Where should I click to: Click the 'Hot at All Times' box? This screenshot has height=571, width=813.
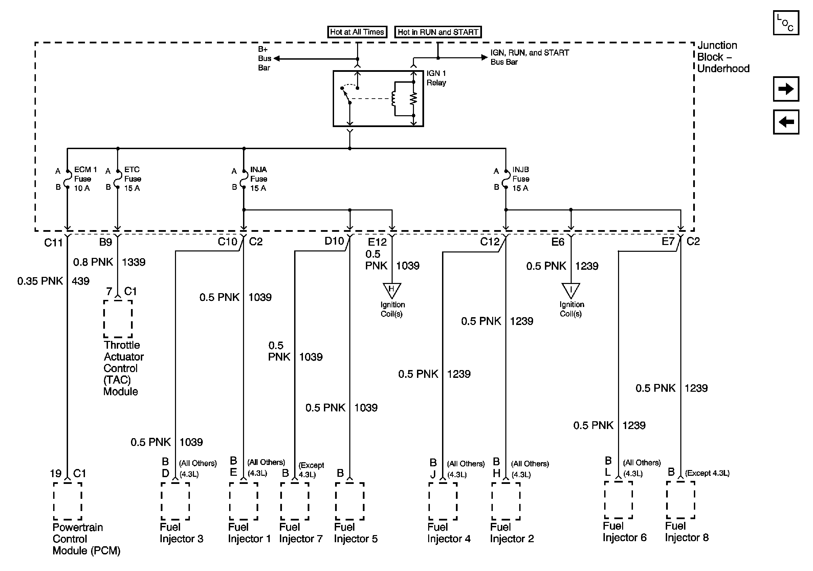[x=357, y=32]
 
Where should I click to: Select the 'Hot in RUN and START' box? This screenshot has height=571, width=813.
[x=438, y=32]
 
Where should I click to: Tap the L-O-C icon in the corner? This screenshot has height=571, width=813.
[x=786, y=23]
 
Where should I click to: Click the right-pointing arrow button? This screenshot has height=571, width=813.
[x=786, y=88]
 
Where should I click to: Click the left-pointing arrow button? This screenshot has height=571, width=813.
[x=786, y=122]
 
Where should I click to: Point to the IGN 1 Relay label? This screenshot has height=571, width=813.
[x=436, y=78]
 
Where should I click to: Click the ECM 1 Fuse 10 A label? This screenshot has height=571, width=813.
[x=85, y=179]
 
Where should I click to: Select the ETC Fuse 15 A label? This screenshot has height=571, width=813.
[x=132, y=179]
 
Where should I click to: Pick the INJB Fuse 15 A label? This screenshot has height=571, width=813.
[x=521, y=179]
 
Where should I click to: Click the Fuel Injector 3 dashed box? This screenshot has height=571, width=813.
[x=175, y=501]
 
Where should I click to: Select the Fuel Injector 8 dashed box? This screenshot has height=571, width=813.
[x=680, y=500]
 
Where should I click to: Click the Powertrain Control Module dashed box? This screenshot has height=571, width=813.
[x=68, y=501]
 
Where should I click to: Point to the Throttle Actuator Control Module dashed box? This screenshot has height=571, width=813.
[x=118, y=319]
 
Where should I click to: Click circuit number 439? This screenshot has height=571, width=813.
[x=80, y=281]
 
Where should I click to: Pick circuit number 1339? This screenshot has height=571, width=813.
[x=133, y=262]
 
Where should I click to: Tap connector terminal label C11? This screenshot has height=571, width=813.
[x=53, y=242]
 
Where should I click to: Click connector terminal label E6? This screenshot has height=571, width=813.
[x=558, y=242]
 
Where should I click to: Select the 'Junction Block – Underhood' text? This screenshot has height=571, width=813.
[x=723, y=57]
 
